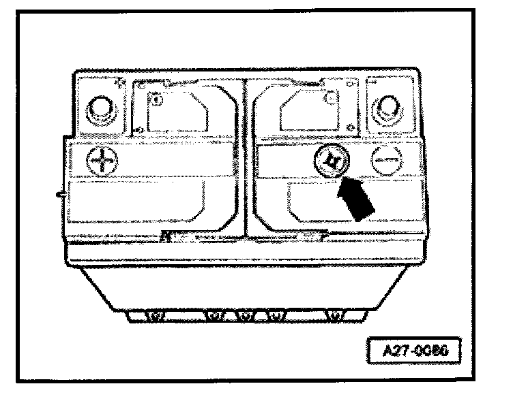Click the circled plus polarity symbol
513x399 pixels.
(x=102, y=162)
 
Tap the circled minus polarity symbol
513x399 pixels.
(x=387, y=162)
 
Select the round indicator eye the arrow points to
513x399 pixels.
(x=334, y=162)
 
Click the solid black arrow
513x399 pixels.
(x=357, y=197)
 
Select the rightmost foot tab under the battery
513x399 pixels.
(x=335, y=316)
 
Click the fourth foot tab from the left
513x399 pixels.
(x=274, y=316)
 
